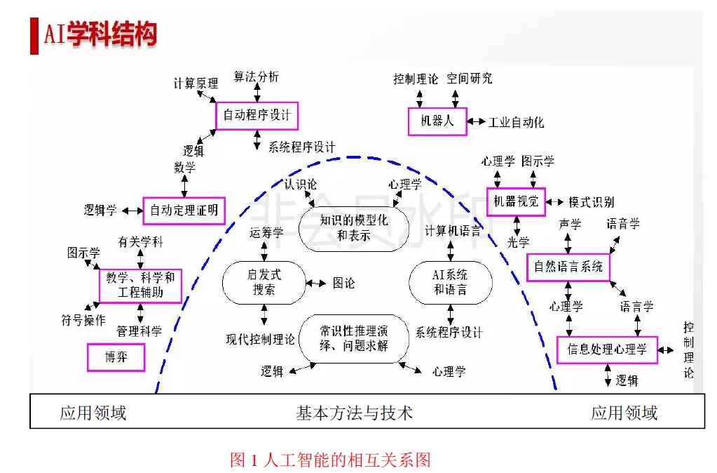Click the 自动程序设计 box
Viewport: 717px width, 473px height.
coord(257,115)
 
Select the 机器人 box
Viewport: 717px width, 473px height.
coord(437,121)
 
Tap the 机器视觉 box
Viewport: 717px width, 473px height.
coord(516,201)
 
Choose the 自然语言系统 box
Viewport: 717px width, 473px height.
coord(568,267)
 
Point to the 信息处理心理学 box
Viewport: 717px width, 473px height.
coord(607,349)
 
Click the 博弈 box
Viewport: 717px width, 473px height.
coord(116,357)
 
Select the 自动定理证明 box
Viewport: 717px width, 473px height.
coord(184,210)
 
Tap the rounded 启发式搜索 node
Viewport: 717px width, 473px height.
coord(264,282)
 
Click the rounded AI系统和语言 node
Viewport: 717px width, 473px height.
coord(450,282)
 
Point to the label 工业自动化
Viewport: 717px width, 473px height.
coord(516,122)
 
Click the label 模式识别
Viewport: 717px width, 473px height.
coord(591,202)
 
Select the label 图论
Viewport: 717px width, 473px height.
coord(343,283)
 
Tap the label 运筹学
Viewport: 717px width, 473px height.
coord(266,233)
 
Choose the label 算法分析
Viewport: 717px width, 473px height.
coord(256,76)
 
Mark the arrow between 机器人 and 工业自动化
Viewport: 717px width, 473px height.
coord(477,121)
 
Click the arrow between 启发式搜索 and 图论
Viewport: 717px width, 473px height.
coord(316,283)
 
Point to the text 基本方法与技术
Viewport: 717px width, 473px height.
coord(354,413)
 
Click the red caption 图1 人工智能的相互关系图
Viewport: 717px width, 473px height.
coord(330,460)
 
